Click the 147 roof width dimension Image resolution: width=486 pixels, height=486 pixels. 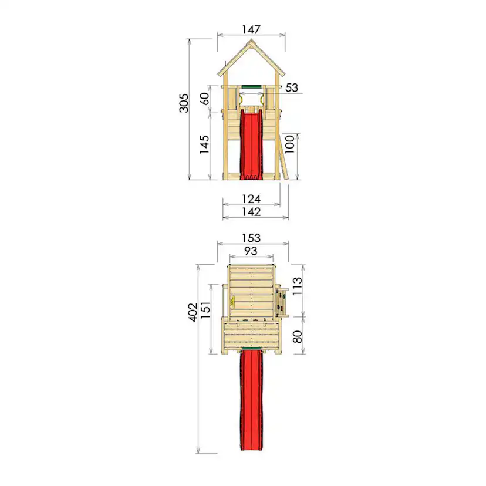tap(251, 29)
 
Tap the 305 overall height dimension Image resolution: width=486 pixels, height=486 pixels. tap(184, 103)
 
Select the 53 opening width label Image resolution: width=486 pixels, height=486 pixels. tap(291, 87)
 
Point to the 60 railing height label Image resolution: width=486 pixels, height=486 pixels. tap(204, 99)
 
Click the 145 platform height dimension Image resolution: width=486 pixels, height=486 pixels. tap(204, 144)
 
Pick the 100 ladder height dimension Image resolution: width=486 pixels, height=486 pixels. tap(289, 144)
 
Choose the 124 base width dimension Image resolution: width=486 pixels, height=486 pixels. tap(251, 198)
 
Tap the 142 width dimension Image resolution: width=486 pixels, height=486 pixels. tap(251, 212)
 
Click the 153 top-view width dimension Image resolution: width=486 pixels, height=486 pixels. tap(251, 238)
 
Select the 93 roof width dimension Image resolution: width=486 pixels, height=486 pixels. tap(251, 251)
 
